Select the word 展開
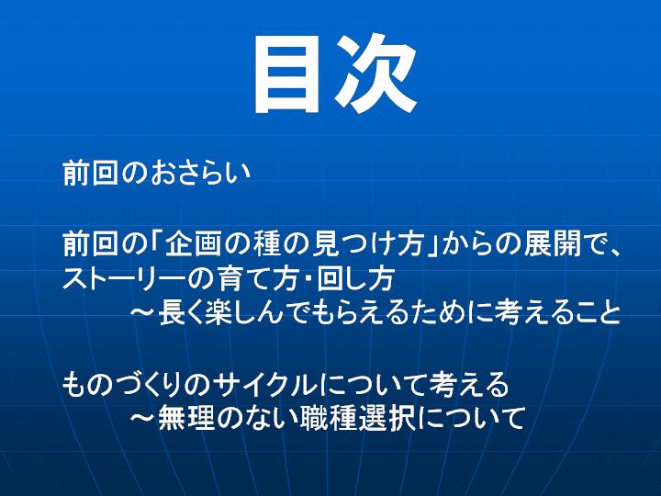[x=553, y=243]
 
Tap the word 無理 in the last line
[x=187, y=418]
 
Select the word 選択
[x=386, y=418]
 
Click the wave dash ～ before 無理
[x=143, y=418]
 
